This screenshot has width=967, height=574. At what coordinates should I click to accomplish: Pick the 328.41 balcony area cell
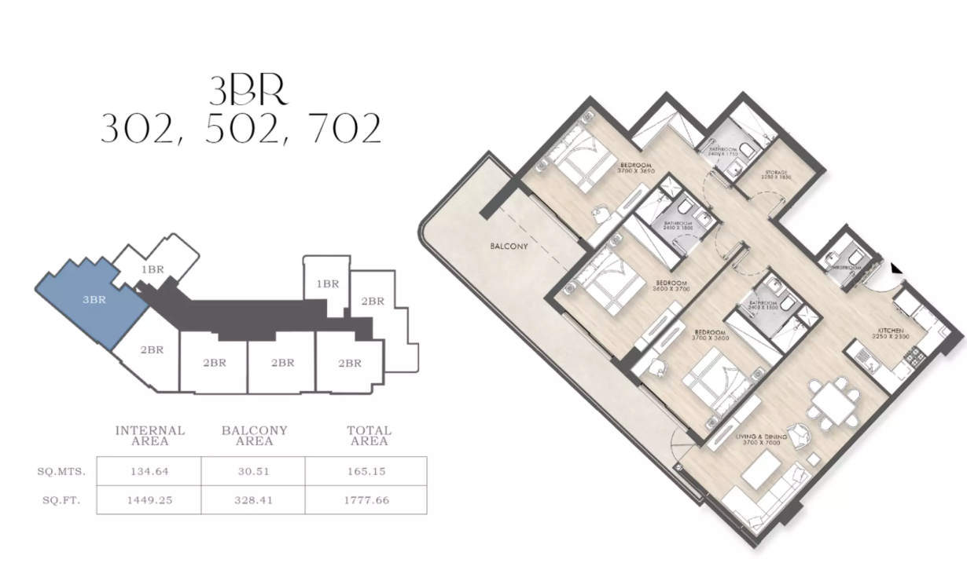(253, 499)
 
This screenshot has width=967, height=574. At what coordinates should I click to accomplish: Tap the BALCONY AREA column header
(254, 436)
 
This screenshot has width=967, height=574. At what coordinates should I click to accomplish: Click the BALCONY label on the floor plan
(509, 246)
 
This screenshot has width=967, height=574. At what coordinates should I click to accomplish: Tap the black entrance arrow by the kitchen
(895, 269)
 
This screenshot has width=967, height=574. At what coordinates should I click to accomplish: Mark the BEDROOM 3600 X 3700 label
(671, 286)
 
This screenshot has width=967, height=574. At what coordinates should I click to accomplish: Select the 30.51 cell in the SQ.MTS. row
(253, 472)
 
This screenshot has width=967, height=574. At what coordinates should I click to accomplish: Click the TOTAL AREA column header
(369, 436)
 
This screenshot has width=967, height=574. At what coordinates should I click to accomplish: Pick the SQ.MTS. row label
(61, 472)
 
